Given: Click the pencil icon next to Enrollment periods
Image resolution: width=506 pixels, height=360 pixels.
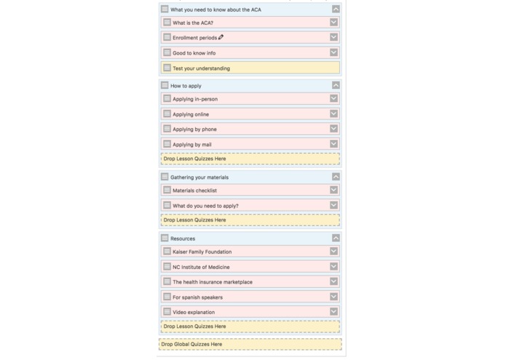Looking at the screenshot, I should click(221, 37).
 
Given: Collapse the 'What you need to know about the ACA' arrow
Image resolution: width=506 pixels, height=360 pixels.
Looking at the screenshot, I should click(336, 9).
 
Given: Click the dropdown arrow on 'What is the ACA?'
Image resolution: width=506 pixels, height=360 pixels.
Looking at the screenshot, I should click(333, 23).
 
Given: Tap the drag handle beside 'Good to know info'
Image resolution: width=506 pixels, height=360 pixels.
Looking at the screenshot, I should click(167, 52).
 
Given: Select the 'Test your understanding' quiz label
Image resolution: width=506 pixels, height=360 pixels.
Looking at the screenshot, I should click(201, 69).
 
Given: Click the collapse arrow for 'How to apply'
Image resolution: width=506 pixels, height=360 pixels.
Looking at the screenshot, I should click(336, 85).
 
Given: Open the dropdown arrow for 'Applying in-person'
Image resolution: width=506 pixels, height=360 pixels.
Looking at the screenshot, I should click(333, 98).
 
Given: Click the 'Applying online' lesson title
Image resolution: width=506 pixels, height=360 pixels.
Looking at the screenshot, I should click(191, 114).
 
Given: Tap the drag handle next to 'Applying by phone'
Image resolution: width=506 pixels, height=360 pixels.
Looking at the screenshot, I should click(167, 129).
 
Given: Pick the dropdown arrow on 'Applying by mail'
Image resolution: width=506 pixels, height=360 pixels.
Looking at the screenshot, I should click(333, 144).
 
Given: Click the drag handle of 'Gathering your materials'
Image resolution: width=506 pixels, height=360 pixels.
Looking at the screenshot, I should click(165, 176).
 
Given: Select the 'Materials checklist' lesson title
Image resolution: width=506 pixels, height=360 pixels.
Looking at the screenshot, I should click(194, 191).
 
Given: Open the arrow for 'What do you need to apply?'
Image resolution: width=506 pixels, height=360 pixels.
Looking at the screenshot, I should click(333, 206).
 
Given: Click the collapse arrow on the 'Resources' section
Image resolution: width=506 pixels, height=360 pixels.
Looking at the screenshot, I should click(336, 238).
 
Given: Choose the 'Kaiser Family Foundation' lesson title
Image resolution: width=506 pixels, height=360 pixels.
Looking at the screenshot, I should click(202, 252).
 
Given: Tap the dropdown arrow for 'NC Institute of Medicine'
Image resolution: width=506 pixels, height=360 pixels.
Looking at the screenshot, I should click(333, 267).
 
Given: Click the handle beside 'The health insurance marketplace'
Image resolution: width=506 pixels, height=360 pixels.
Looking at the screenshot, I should click(167, 281).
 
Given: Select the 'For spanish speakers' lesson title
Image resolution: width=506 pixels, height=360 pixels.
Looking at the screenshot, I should click(197, 297).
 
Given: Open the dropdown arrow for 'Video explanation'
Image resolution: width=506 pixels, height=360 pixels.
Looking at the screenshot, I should click(333, 312).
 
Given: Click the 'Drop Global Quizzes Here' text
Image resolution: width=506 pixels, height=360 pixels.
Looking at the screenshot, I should click(191, 344).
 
